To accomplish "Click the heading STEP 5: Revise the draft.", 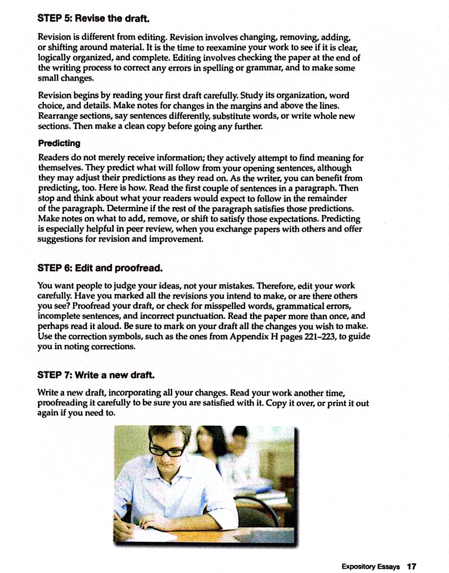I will [x=93, y=18].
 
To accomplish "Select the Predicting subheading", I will [x=59, y=143].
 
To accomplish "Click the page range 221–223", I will [x=320, y=336].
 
